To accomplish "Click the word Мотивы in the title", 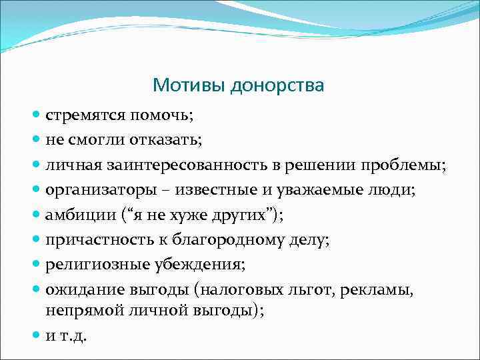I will [x=189, y=85].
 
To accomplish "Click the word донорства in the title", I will [x=277, y=86].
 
